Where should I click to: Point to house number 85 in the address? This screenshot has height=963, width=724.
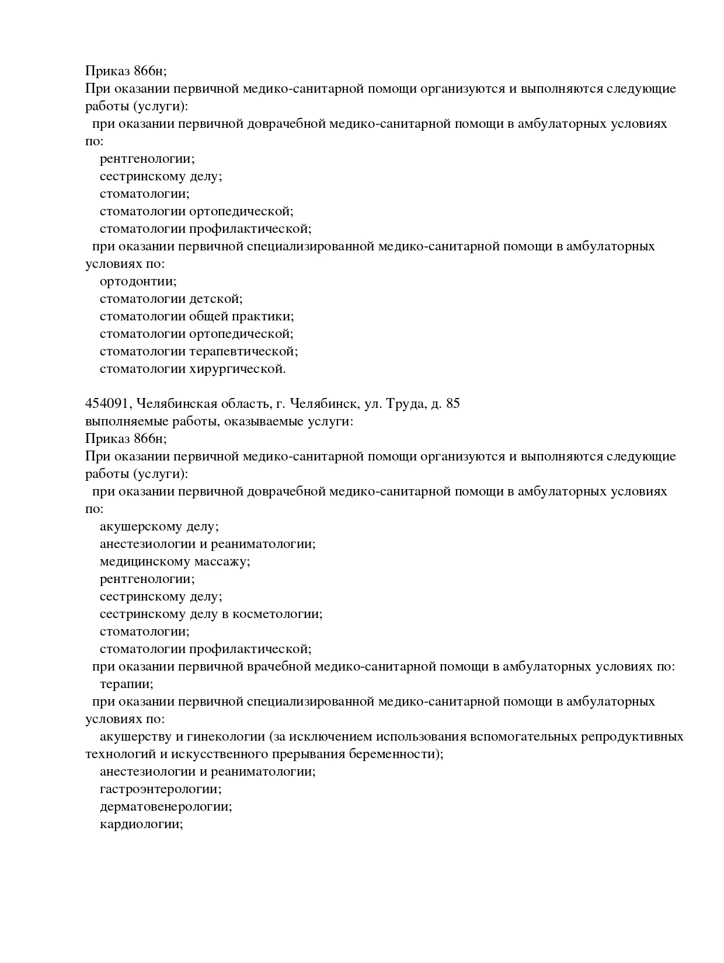[x=452, y=404]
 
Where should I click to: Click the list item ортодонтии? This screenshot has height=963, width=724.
[x=138, y=282]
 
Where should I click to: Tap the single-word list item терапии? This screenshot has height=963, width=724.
[x=126, y=684]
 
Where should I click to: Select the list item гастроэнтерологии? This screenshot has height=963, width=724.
[x=161, y=790]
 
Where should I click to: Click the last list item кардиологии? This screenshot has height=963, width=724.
[x=141, y=825]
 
